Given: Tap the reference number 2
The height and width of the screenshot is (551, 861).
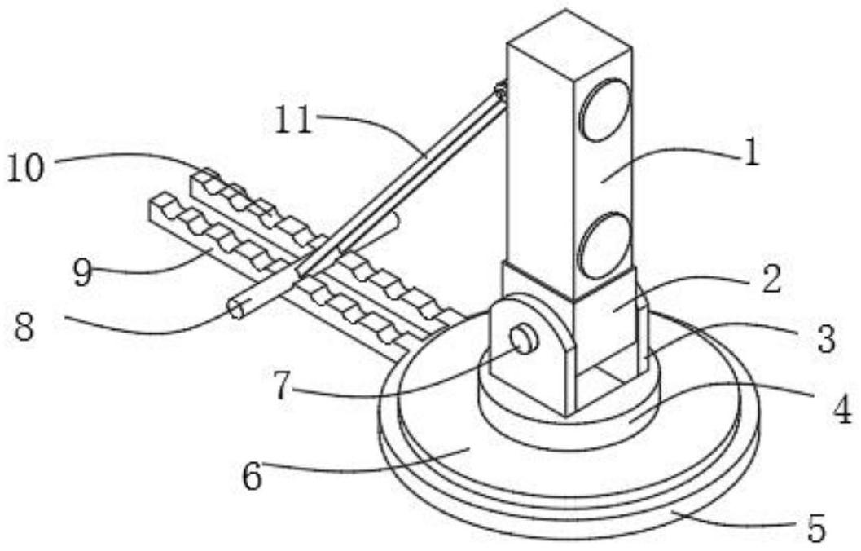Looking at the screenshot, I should tap(768, 280).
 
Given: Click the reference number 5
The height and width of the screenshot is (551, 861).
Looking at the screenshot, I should tap(815, 528).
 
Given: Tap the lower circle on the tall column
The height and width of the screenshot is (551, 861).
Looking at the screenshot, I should tap(604, 244).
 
